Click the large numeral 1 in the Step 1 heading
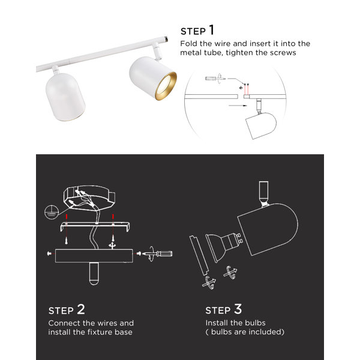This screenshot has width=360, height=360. (211, 30)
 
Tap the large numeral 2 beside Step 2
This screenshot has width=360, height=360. (81, 309)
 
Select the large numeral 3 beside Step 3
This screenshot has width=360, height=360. (238, 309)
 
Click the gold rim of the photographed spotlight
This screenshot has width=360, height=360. (166, 86)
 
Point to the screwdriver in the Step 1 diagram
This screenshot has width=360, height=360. (215, 79)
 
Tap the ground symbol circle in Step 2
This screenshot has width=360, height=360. (51, 212)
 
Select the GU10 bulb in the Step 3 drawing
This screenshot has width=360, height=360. (224, 246)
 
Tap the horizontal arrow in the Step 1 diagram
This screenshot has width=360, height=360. (238, 106)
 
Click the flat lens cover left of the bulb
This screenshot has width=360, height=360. (199, 256)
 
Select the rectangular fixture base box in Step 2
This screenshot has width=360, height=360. (94, 256)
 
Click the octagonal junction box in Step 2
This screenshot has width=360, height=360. (89, 197)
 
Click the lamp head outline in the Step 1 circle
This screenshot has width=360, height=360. (261, 125)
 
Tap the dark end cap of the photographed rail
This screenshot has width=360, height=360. (166, 39)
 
